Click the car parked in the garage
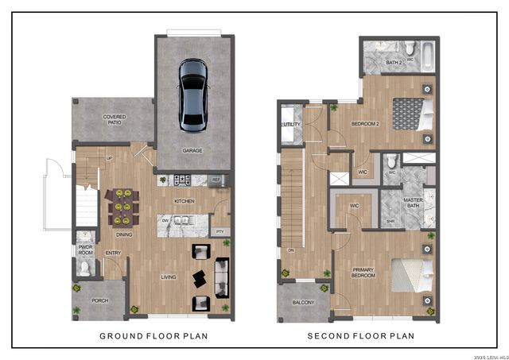[x=192, y=93]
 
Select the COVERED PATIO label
[x=115, y=120]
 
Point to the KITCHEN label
[x=185, y=201]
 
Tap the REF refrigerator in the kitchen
[x=216, y=180]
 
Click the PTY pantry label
[x=220, y=231]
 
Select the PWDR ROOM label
[x=86, y=250]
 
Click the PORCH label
[x=99, y=300]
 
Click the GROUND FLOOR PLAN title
[x=153, y=336]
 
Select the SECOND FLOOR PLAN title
[x=361, y=336]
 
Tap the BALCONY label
[x=304, y=302]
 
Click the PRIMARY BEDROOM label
[x=363, y=273]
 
